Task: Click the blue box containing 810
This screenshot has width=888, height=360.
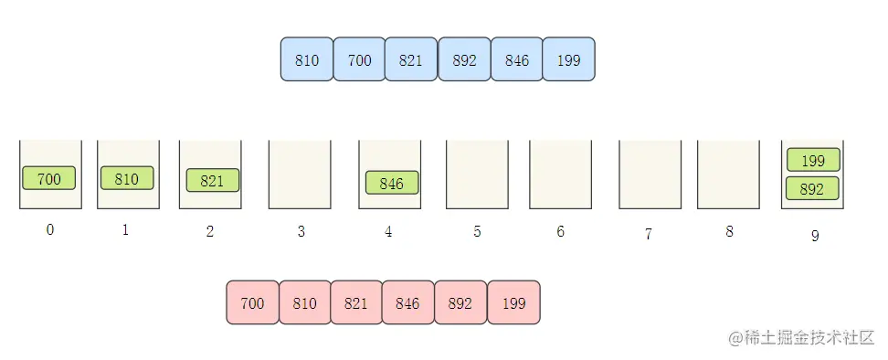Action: [307, 59]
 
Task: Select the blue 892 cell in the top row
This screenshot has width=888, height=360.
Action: [464, 59]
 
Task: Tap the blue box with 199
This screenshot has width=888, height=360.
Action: [568, 59]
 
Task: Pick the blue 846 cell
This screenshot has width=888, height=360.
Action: [516, 59]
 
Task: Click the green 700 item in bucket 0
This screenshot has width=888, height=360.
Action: [48, 178]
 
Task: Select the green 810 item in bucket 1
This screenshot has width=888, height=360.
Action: [127, 178]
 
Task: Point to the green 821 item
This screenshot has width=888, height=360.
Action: [213, 180]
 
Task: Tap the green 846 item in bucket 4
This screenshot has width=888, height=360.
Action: [392, 182]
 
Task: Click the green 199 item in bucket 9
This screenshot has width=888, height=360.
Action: [813, 160]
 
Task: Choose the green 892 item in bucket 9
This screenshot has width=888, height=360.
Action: [813, 188]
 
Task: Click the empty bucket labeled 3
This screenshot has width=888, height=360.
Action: [300, 175]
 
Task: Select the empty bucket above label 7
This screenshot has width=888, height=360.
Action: [650, 175]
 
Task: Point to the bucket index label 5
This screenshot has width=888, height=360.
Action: [478, 231]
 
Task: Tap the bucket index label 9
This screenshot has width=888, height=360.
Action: [815, 236]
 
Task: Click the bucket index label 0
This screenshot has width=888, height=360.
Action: [50, 230]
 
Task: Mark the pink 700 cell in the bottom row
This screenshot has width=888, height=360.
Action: [252, 302]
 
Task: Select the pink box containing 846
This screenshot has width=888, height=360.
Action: [407, 302]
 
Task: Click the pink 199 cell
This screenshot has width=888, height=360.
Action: [513, 302]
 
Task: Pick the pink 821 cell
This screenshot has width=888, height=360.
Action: [356, 302]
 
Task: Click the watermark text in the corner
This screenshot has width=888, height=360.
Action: [801, 338]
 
